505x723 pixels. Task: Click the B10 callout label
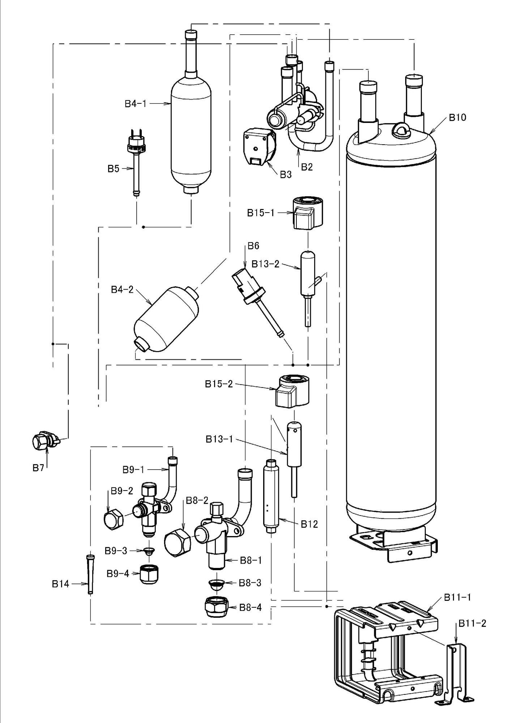[x=458, y=117]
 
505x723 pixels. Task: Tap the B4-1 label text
[x=136, y=104]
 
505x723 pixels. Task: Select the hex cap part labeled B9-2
[x=113, y=520]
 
